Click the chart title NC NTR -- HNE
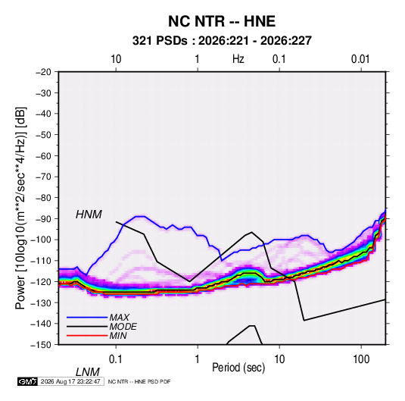coord(222,21)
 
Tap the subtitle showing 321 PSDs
coord(222,41)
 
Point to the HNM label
coord(89,215)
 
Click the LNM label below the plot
coord(87,372)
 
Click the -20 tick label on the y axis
coord(43,72)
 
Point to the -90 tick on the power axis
coord(43,219)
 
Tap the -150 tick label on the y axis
coord(41,345)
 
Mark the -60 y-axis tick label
coord(43,155)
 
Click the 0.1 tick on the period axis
coord(116,359)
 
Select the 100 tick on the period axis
coord(361,359)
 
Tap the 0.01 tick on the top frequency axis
coord(360,59)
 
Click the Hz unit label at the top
coord(238,59)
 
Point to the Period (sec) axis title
coord(238,368)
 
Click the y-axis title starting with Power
coord(20,208)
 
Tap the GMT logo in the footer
coord(28,381)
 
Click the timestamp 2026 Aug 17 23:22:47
coord(70,381)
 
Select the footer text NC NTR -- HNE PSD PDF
coord(139,381)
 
